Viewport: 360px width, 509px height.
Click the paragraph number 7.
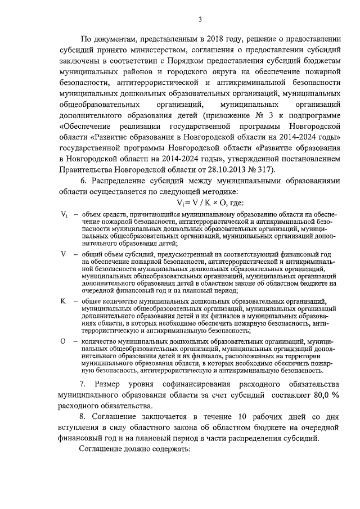(x=82, y=384)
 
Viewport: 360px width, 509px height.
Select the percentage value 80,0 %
(x=326, y=395)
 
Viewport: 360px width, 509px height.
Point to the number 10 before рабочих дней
(x=243, y=417)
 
